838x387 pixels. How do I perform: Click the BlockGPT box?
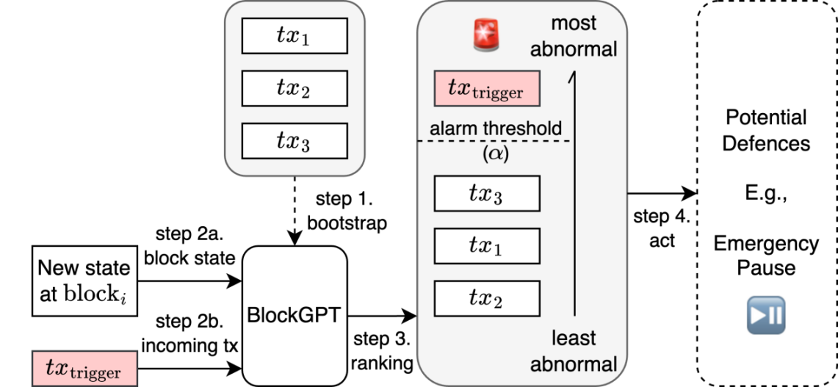point(294,315)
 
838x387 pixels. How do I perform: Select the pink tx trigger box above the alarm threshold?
point(486,90)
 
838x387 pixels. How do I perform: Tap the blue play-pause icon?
point(766,312)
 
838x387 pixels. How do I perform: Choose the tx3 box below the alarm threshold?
point(487,194)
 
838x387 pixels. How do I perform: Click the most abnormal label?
point(584,36)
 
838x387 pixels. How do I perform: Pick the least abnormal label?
point(574,352)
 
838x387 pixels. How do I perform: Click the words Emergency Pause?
point(766,255)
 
